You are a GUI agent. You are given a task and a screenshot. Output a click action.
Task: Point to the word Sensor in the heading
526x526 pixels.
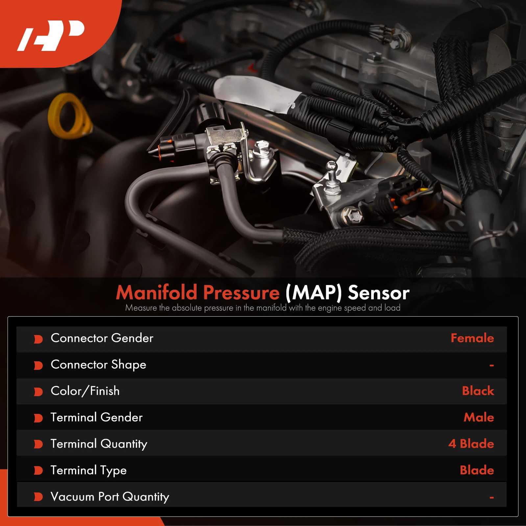click(x=378, y=293)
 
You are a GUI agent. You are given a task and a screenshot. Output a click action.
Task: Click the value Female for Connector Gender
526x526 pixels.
click(x=472, y=338)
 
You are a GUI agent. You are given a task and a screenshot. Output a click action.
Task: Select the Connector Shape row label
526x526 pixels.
click(x=98, y=365)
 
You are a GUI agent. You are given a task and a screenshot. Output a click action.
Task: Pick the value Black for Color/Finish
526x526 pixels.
click(x=478, y=391)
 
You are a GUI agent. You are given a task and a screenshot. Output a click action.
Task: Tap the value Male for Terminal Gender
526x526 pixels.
click(x=478, y=418)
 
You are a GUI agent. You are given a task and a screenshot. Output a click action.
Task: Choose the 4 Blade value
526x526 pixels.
click(x=471, y=444)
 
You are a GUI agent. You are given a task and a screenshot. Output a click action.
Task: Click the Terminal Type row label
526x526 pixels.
click(x=88, y=470)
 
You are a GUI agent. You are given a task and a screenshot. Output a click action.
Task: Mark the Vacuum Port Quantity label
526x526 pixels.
click(x=110, y=497)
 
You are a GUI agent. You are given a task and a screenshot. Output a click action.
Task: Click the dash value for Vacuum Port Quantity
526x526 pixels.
click(x=491, y=498)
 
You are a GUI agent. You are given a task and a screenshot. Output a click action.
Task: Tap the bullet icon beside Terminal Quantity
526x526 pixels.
click(x=38, y=444)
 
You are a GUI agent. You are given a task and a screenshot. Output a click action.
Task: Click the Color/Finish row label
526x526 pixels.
click(x=85, y=391)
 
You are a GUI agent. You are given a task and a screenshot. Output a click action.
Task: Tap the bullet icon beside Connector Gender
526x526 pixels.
click(x=38, y=339)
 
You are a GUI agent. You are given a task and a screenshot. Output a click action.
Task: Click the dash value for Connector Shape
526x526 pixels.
click(x=491, y=366)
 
